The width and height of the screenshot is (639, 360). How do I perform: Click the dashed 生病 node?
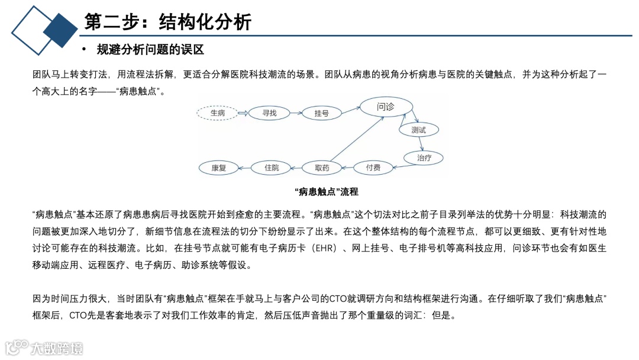click(218, 112)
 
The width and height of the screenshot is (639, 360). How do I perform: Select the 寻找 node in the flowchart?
click(269, 112)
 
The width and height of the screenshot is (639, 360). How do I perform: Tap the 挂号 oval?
click(321, 113)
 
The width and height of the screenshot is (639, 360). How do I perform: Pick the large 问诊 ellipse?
click(385, 107)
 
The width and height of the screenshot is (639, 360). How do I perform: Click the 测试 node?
click(418, 130)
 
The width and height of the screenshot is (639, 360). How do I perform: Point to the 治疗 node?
click(424, 157)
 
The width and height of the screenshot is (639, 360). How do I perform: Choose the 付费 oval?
click(373, 168)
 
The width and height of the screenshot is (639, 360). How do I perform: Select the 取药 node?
click(322, 168)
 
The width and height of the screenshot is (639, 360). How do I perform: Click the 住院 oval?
click(272, 168)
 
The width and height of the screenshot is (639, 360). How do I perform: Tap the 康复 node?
click(219, 168)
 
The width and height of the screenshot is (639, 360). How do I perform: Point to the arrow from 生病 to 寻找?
click(242, 112)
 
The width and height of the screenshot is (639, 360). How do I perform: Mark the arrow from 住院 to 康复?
click(245, 168)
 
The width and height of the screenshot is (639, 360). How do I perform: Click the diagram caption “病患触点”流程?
click(326, 192)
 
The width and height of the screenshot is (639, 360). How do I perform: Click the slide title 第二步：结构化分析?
click(168, 22)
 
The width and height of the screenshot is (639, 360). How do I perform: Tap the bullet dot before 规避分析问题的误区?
click(84, 49)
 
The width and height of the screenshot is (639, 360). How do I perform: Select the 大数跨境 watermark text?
click(57, 348)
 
